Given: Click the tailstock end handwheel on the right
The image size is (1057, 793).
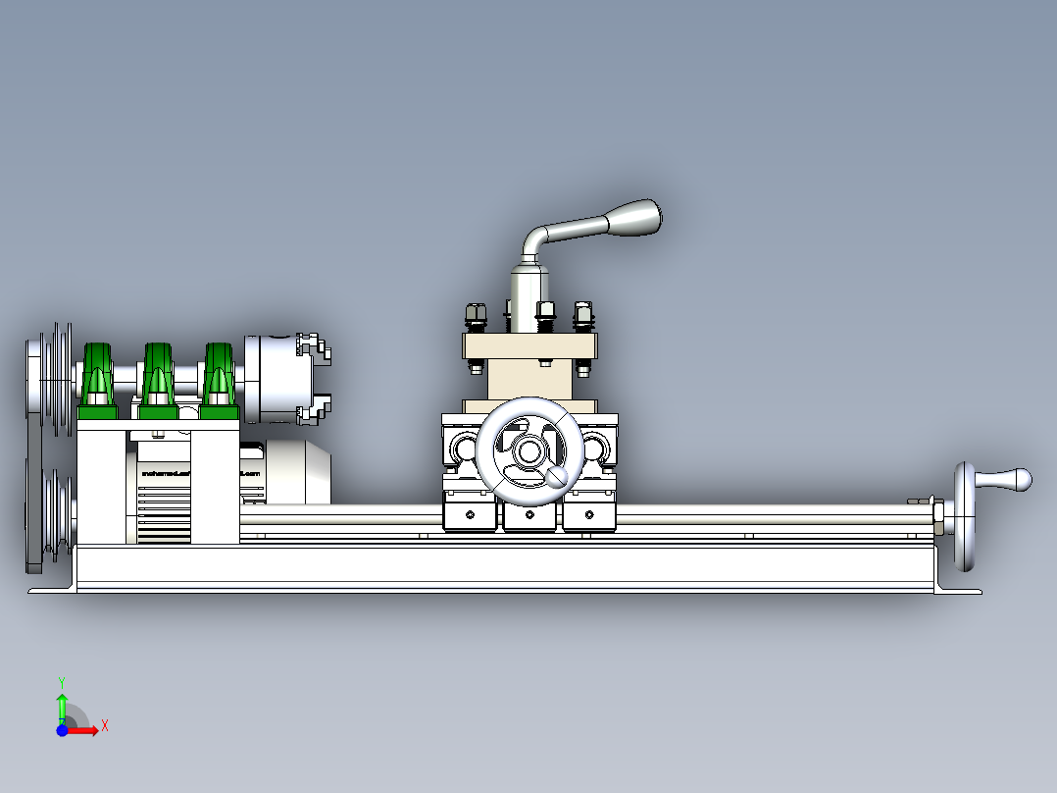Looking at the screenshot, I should click(963, 516).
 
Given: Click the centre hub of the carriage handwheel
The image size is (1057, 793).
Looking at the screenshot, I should click(528, 451).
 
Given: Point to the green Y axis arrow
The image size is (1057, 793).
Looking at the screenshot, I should click(62, 703).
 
